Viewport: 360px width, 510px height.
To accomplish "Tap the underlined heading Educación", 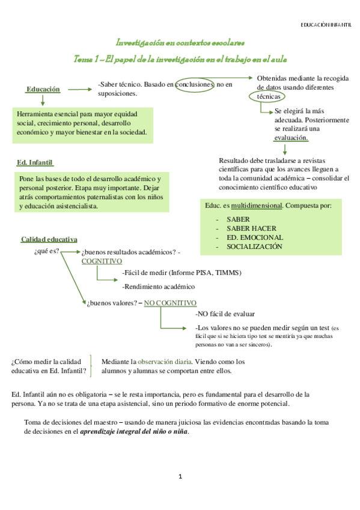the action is pyautogui.click(x=43, y=89).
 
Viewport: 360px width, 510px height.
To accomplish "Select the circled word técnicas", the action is pyautogui.click(x=268, y=96).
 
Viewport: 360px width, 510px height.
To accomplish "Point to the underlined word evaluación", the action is pyautogui.click(x=291, y=138).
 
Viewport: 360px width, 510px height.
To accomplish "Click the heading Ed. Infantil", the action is pyautogui.click(x=35, y=162).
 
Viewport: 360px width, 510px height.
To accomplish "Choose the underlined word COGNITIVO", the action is pyautogui.click(x=102, y=262).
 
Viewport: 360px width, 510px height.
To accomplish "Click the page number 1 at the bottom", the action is pyautogui.click(x=180, y=477).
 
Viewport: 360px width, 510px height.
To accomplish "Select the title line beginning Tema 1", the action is pyautogui.click(x=180, y=58).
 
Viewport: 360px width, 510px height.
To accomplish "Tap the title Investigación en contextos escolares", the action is pyautogui.click(x=180, y=43).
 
